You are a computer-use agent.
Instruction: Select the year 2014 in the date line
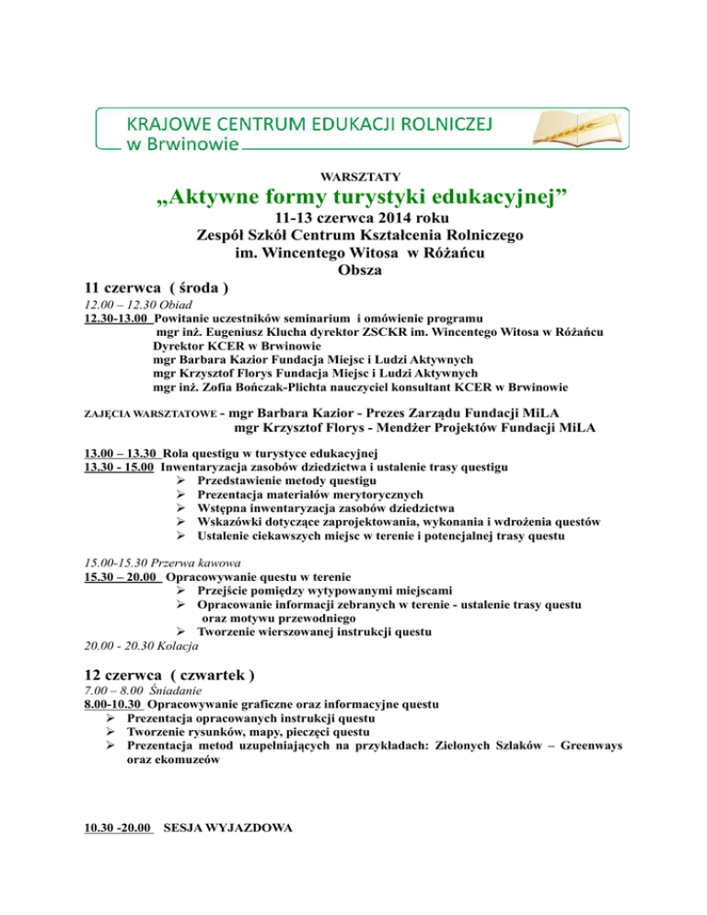point(387,221)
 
